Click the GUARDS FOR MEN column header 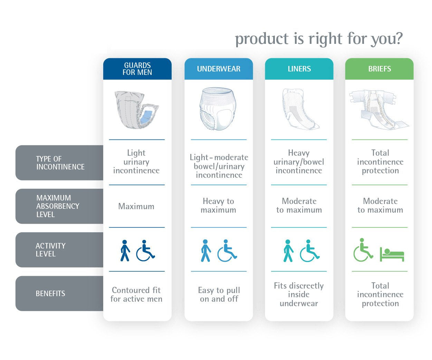137,69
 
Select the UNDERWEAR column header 219,69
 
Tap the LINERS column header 299,69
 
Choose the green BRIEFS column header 379,69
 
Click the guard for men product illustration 136,110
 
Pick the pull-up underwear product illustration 218,109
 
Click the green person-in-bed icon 392,254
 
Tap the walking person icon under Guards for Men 125,250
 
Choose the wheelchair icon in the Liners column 310,251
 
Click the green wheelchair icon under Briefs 363,250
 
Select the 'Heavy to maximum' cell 218,205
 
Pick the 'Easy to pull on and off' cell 219,294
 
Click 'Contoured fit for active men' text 136,294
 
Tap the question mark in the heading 399,38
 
